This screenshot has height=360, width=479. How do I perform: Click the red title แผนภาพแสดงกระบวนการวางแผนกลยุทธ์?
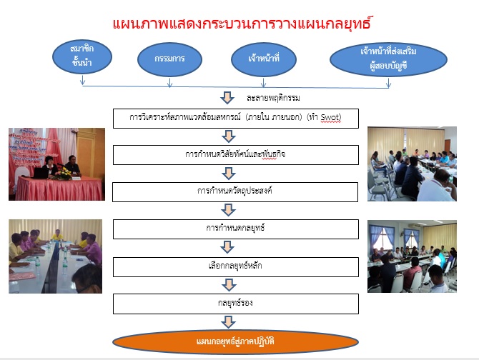242,24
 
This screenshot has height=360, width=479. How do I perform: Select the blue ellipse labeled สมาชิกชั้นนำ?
82,56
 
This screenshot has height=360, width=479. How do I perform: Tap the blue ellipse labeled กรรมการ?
169,59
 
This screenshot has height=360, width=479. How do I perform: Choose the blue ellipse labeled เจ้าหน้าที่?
264,59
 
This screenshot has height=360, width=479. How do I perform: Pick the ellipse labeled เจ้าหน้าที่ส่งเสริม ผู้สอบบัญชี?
388,59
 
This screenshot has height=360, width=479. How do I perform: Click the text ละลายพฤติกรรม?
273,98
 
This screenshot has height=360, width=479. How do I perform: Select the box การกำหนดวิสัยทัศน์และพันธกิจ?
235,155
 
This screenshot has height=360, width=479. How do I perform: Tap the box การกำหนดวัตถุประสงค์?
235,192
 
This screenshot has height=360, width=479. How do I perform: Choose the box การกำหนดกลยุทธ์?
235,229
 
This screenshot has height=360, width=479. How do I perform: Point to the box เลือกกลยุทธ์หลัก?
235,267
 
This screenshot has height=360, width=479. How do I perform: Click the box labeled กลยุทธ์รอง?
235,304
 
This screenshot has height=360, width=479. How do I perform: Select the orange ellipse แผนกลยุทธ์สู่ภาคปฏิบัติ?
235,342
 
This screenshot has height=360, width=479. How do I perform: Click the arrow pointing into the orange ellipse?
228,322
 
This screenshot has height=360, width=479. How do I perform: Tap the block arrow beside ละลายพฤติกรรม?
227,98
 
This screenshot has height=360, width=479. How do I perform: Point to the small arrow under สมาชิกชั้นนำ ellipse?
82,80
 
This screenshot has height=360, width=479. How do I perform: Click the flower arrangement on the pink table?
63,174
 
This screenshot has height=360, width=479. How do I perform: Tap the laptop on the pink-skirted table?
40,173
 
